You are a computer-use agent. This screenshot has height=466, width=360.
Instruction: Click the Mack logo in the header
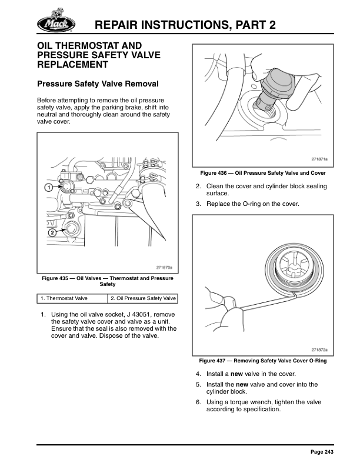(56, 22)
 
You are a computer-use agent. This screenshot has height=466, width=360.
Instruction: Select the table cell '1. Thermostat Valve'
(73, 298)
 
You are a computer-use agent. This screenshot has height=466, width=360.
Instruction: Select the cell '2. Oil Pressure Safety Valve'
(143, 298)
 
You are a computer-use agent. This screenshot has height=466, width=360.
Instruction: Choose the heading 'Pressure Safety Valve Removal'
(98, 84)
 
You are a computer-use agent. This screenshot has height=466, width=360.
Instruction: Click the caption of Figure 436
(263, 174)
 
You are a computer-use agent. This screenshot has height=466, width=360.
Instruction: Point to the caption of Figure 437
(263, 361)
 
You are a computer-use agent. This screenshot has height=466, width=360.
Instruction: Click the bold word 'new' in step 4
(236, 374)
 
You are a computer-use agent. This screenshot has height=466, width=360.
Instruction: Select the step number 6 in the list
(199, 402)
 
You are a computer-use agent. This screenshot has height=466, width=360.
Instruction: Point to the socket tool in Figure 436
(276, 82)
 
